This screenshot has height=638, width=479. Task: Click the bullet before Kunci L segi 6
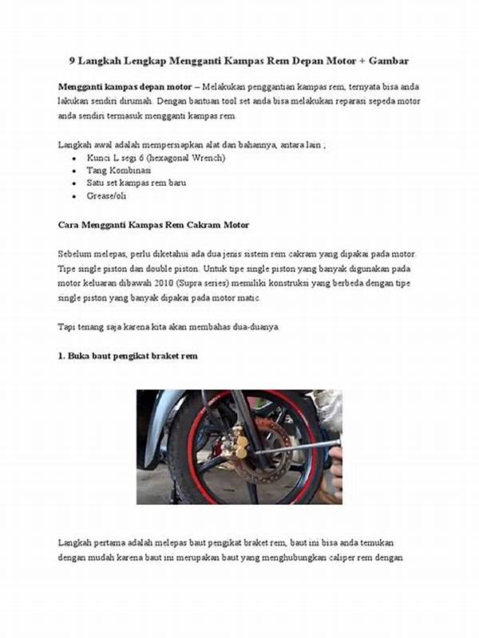(75, 159)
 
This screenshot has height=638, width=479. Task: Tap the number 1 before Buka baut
(61, 356)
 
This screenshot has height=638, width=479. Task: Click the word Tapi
(68, 327)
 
